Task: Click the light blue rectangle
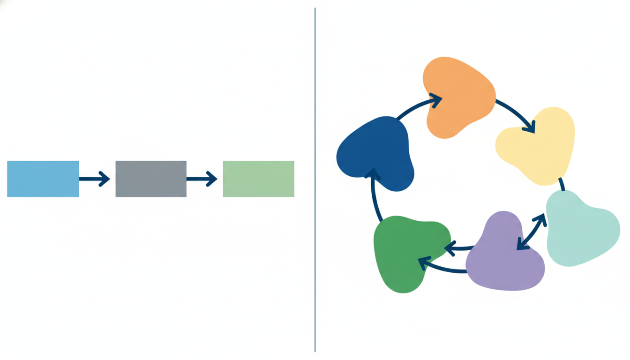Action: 43,179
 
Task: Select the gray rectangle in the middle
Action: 151,179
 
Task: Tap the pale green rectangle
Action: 258,179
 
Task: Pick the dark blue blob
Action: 376,152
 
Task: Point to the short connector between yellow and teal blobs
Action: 562,184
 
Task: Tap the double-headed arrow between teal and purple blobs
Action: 531,232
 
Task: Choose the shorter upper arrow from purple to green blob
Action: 459,247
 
